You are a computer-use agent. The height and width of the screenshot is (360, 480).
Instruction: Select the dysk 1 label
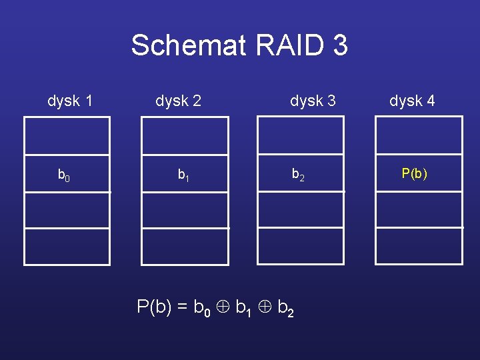(70, 101)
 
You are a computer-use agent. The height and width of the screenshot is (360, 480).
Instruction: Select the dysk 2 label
(178, 101)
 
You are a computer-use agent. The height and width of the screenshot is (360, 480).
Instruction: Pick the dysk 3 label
(313, 101)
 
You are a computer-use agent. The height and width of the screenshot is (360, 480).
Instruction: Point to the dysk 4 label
(412, 101)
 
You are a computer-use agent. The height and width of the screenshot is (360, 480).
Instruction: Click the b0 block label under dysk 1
(64, 175)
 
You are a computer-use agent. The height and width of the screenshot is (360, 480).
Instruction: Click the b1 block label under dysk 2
(183, 175)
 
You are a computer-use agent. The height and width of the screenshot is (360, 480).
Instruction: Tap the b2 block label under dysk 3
(298, 175)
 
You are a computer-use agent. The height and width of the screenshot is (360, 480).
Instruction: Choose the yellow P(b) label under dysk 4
(414, 174)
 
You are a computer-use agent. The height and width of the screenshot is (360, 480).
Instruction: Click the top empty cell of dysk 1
(67, 136)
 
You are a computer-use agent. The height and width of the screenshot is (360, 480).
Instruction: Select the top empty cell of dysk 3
(301, 136)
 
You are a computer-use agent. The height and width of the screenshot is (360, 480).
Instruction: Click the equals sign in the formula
(182, 307)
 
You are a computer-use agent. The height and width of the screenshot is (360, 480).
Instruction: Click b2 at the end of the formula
(285, 308)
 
